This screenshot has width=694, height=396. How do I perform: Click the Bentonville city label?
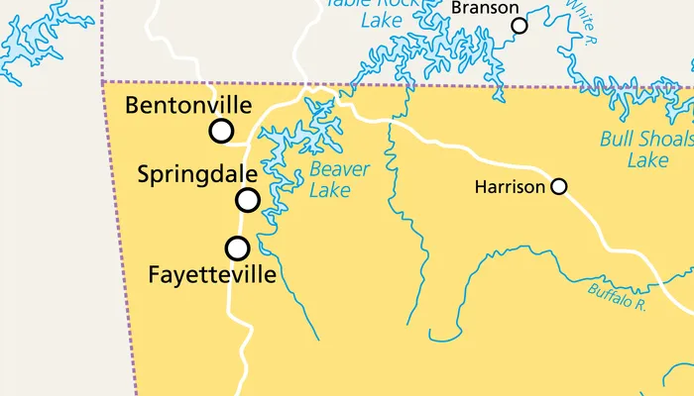pos(188,106)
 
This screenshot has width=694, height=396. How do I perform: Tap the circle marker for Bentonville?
pos(221,131)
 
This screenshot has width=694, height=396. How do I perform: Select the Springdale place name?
pos(197,175)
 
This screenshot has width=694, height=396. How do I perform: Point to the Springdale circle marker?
pos(248,200)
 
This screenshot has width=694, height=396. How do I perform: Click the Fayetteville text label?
pos(211,274)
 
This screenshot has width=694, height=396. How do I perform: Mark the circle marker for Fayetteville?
pos(237,247)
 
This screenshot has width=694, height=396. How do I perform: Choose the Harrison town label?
pos(510,186)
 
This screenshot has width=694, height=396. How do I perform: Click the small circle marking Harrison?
pos(559,186)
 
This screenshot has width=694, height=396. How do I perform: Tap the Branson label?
pos(485,8)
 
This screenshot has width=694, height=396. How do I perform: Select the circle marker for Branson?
pos(520,26)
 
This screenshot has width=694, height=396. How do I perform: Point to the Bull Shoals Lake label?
pos(646,148)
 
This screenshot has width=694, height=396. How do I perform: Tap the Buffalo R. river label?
pos(617,295)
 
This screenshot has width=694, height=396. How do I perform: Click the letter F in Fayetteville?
pos(154,274)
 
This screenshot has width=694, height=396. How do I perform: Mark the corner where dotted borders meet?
pos(103,82)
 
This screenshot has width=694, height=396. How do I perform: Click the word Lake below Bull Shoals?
pos(648,159)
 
